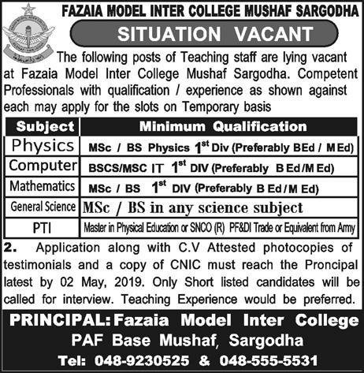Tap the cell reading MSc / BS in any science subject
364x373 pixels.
pyautogui.click(x=192, y=207)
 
